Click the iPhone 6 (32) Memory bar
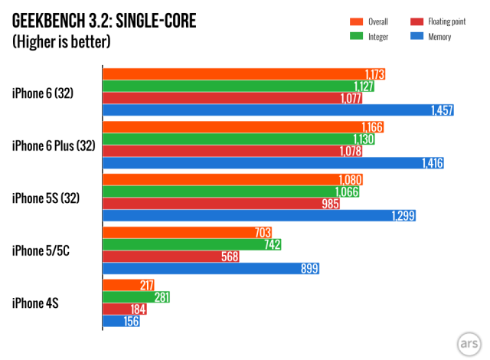click(279, 111)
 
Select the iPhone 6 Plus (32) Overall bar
click(243, 127)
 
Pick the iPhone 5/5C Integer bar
click(192, 244)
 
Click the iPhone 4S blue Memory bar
click(121, 322)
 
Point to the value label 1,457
click(441, 111)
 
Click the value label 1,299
click(402, 217)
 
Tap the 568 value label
click(228, 257)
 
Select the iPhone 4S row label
click(36, 303)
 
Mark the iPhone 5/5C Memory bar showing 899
click(211, 269)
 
